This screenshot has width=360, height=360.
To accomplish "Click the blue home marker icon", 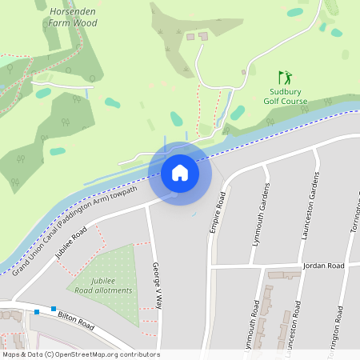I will point(180,173).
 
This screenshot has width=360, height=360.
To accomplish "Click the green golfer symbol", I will point(285,78).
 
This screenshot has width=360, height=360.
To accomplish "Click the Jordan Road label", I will point(323,265).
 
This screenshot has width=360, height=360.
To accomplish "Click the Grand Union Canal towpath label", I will point(76,226).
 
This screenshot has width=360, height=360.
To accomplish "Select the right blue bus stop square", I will point(54,309).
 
